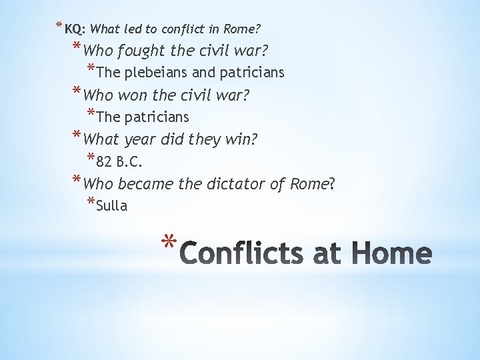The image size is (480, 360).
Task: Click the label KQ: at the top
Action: [75, 29]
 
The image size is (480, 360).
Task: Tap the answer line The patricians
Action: [143, 117]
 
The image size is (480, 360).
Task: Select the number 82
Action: [104, 161]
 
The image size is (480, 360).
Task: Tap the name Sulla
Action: [111, 205]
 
